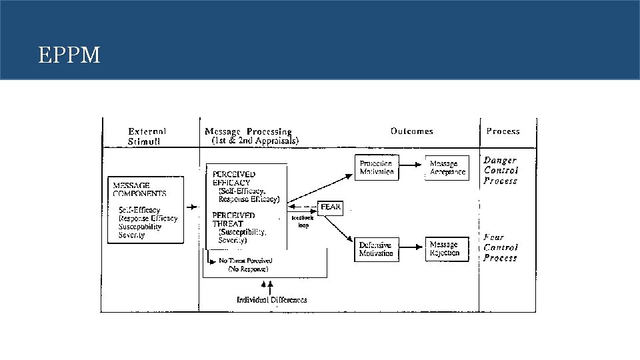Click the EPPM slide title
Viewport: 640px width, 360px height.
pos(69,55)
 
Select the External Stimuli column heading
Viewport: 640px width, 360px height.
pos(147,136)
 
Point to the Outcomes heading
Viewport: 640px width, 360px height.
pos(412,131)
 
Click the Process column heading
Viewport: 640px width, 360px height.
pos(503,131)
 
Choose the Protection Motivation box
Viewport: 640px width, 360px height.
pos(376,167)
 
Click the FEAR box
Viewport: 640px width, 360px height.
pos(331,207)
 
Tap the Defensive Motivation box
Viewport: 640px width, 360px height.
pos(376,249)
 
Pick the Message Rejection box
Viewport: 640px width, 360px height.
pos(445,249)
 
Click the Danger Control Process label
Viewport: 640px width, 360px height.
pos(501,171)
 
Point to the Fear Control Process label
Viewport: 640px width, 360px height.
pos(501,247)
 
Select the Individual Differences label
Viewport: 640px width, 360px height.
pos(272,300)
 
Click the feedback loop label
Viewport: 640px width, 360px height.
pos(303,221)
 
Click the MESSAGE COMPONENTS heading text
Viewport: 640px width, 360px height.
pos(140,189)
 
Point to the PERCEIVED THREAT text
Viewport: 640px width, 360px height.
pos(233,219)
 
